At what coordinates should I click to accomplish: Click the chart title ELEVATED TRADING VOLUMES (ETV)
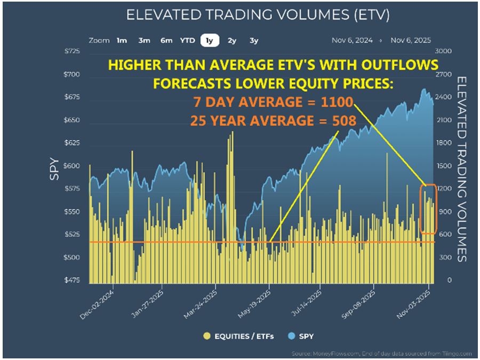coord(258,14)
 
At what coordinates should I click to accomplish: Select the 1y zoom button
coord(209,41)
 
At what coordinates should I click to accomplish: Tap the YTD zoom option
coord(187,41)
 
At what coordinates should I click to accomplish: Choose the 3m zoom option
coord(144,41)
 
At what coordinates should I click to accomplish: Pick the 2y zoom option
coord(232,41)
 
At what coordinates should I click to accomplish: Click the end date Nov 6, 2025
coord(410,41)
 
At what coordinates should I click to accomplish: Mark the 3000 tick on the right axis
coord(445,52)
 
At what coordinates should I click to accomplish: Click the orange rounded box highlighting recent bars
coord(428,209)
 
